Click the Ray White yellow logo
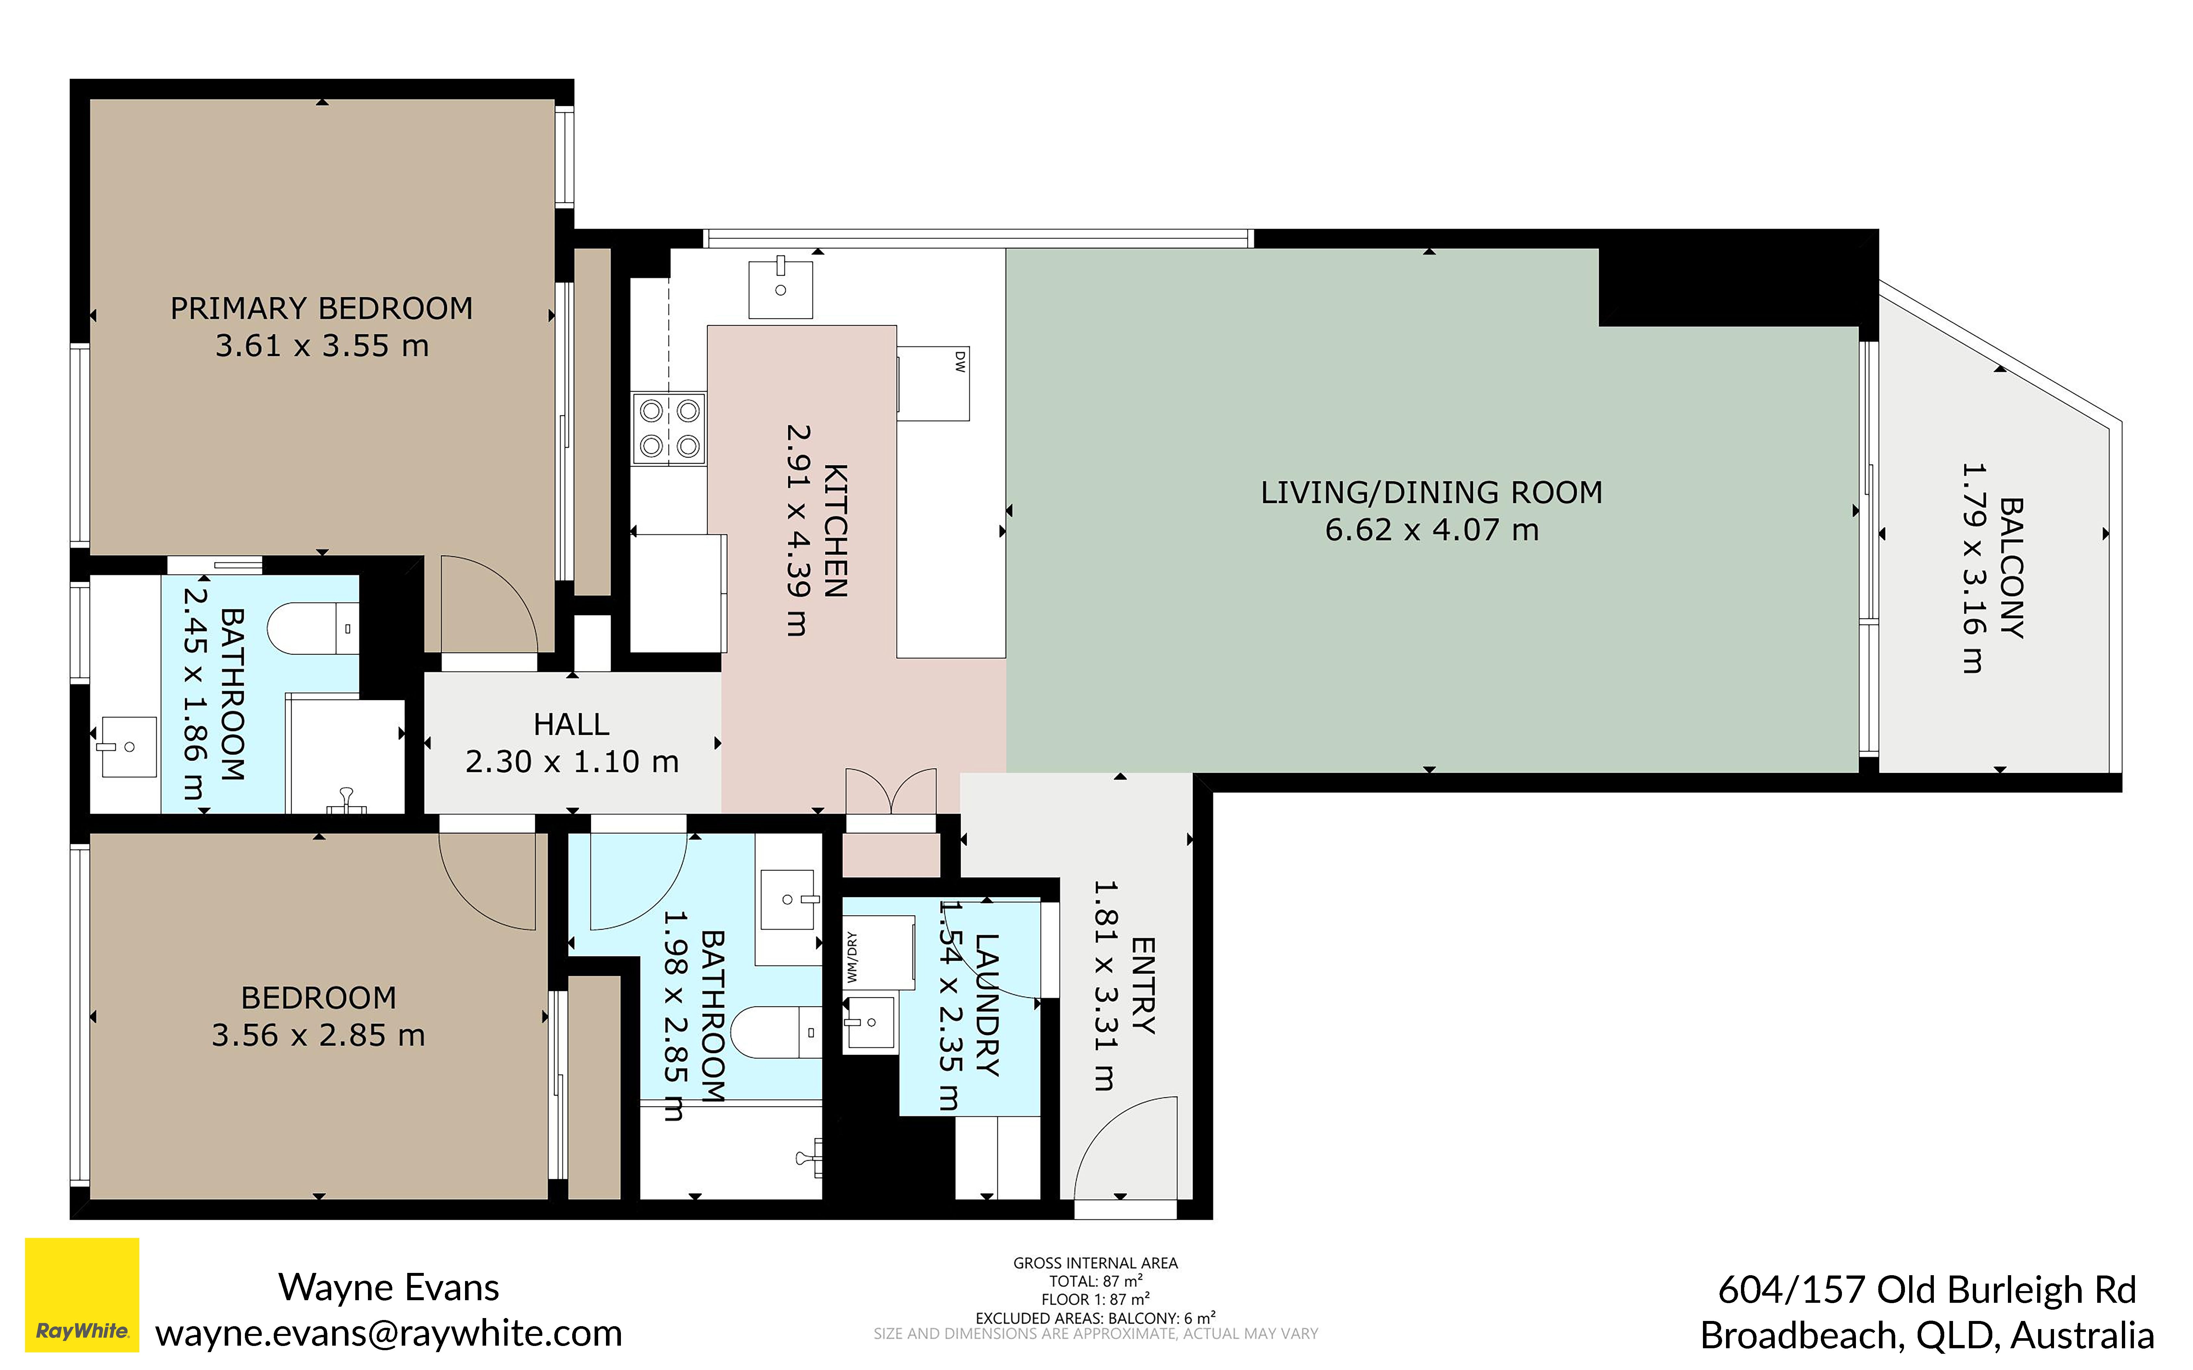point(82,1295)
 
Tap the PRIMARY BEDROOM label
point(322,309)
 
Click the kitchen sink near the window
point(780,288)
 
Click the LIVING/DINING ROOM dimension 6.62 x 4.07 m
point(1432,530)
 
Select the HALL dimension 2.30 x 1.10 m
point(572,762)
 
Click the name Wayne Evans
point(389,1288)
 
